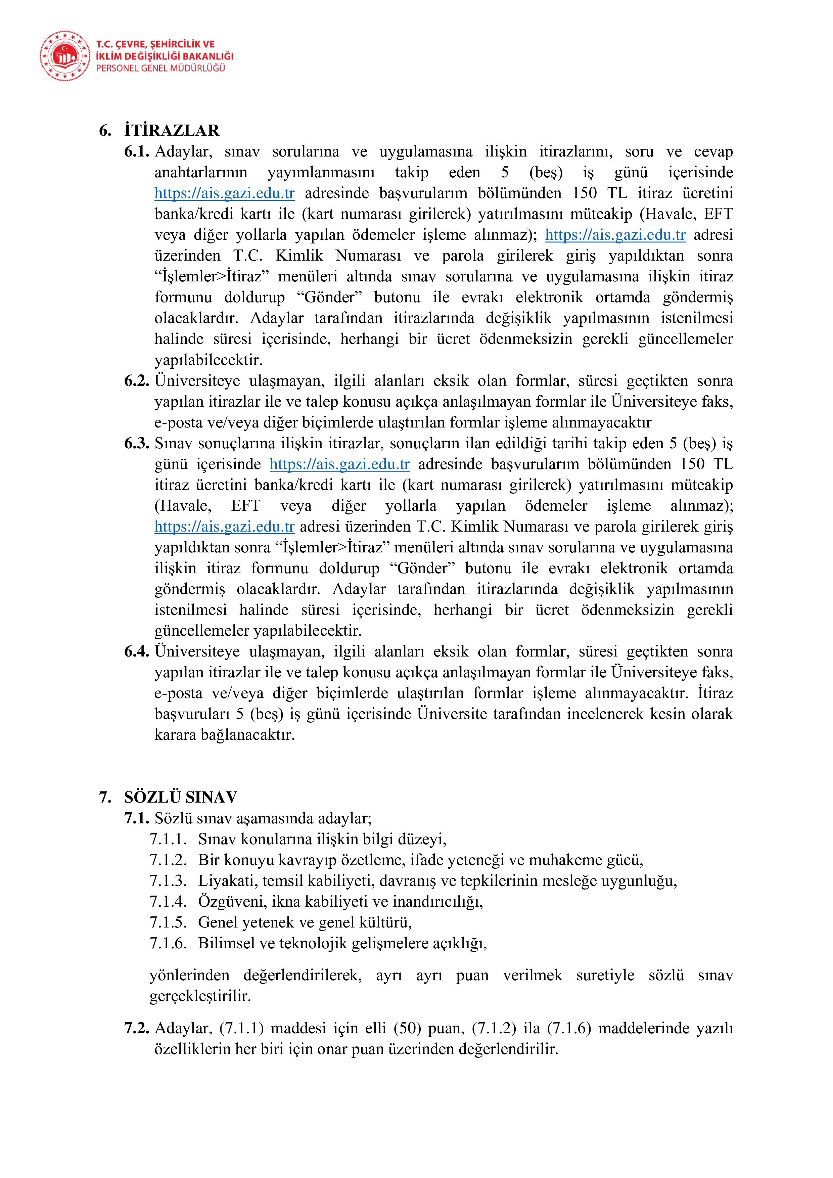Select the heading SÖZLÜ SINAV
[181, 797]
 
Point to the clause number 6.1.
[136, 152]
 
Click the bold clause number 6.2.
[136, 381]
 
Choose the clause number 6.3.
[136, 443]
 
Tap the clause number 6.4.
[136, 651]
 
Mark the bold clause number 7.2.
[136, 1028]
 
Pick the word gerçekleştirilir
[200, 996]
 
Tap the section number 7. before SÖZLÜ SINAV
[105, 797]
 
